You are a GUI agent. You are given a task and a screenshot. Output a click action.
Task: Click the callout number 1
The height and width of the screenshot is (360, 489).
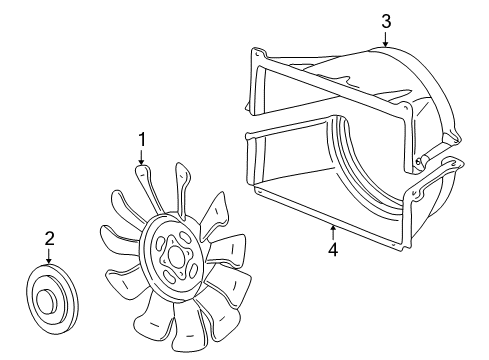click(141, 139)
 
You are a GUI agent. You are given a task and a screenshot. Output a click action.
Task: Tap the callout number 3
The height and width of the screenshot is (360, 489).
click(385, 19)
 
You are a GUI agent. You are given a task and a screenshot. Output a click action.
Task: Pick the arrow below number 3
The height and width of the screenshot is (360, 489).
click(385, 38)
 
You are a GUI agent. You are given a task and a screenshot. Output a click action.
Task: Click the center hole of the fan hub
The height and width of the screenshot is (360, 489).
click(176, 254)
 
